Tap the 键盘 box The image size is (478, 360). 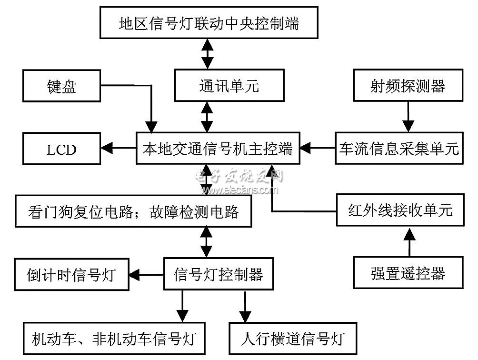tap(62, 87)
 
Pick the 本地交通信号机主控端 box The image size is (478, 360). tap(217, 149)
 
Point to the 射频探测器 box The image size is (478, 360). tap(408, 86)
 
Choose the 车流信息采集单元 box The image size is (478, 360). tap(399, 149)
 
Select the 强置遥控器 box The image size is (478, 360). tap(408, 273)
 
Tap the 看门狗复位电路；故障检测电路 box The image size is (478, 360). tap(133, 211)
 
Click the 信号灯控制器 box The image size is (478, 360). tap(219, 274)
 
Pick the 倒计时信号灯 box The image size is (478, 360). tap(71, 275)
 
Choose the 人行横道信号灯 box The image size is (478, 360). tap(293, 339)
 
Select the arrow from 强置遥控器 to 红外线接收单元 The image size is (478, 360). tap(408, 242)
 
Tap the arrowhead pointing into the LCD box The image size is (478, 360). tap(108, 149)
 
